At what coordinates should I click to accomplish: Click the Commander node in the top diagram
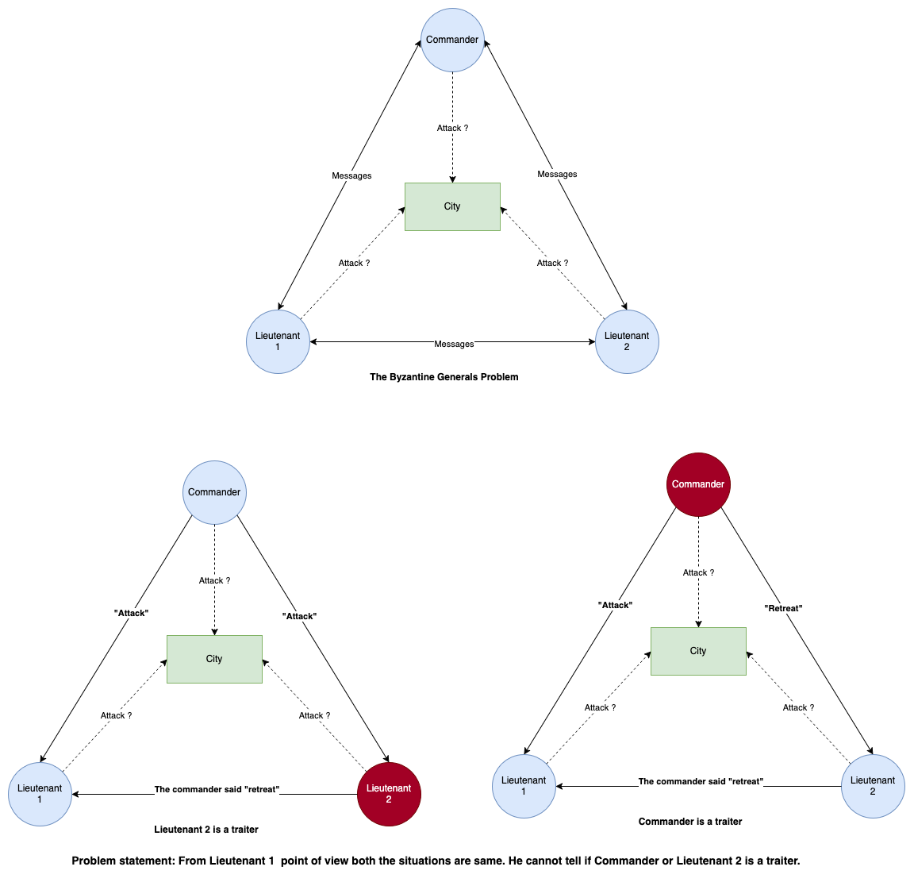pos(452,40)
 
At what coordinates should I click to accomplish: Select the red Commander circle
pos(698,484)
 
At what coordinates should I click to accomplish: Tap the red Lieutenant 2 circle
pos(389,794)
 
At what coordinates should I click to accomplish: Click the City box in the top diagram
pos(452,206)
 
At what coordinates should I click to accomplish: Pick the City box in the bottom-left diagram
pos(214,659)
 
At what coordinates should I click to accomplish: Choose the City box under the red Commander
pos(698,651)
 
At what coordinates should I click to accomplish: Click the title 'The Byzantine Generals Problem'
pos(444,377)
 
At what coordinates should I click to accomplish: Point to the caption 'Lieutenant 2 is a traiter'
pos(206,830)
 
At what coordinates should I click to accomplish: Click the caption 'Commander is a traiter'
pos(690,822)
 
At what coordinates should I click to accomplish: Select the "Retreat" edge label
pos(783,608)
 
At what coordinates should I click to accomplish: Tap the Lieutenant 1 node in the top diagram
pos(278,341)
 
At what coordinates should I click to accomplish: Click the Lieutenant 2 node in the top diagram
pos(627,341)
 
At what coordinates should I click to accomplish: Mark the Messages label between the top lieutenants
pos(454,344)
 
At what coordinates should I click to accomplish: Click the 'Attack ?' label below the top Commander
pos(452,128)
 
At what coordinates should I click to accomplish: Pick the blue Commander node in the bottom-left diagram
pos(214,492)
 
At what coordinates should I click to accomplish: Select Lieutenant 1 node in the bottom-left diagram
pos(40,794)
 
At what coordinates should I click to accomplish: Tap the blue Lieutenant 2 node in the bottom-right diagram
pos(873,786)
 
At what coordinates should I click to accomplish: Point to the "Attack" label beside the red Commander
pos(615,605)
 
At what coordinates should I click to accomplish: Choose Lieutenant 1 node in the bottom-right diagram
pos(524,786)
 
